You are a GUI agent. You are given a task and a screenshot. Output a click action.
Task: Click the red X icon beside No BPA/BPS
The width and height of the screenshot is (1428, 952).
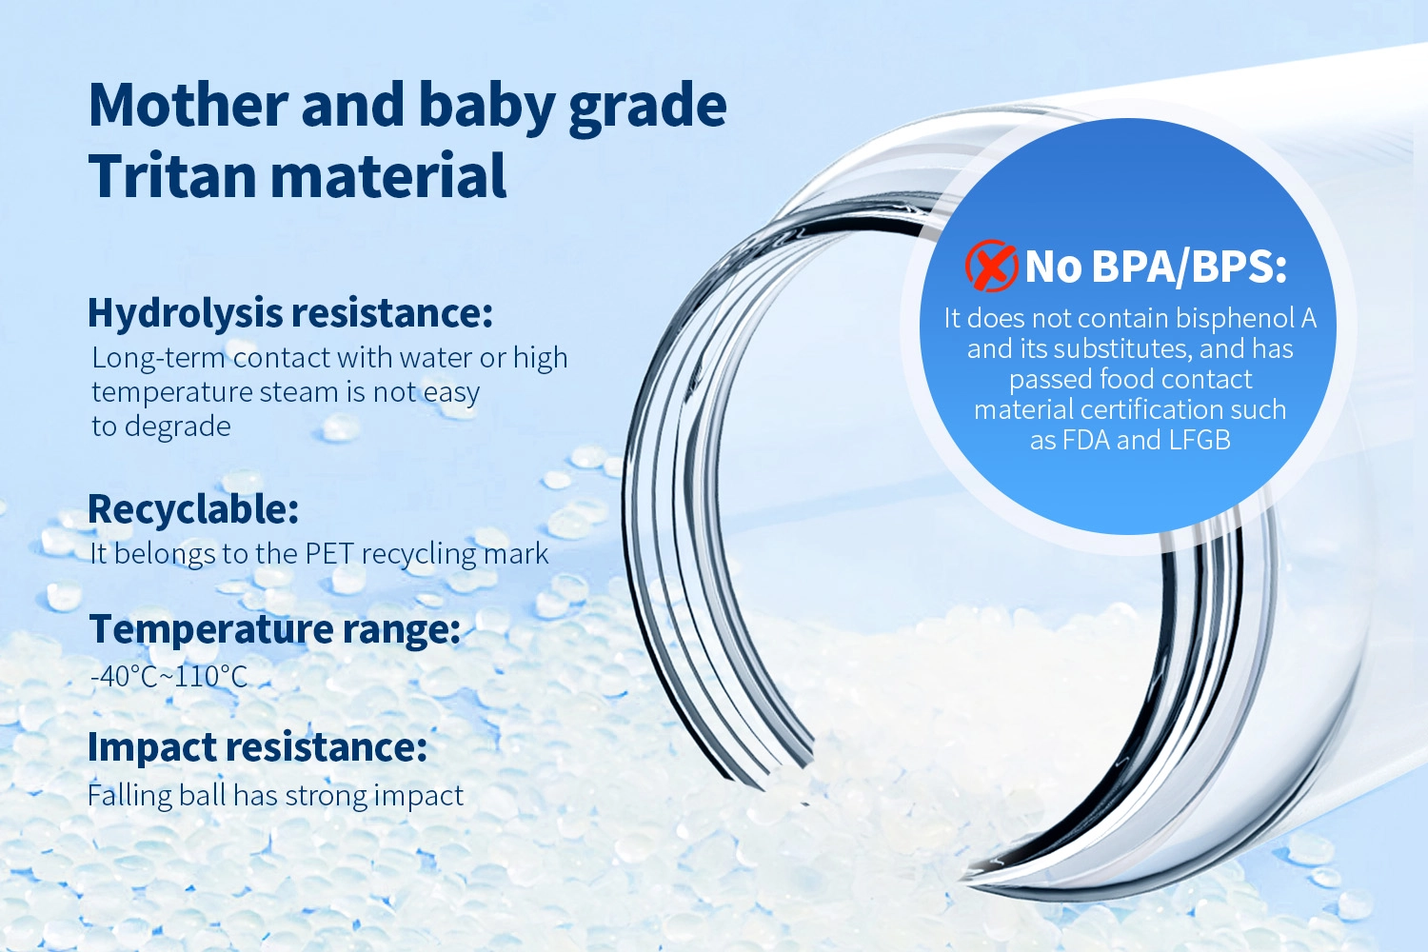(991, 266)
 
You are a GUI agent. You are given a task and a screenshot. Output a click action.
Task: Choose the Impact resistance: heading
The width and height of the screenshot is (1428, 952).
(257, 746)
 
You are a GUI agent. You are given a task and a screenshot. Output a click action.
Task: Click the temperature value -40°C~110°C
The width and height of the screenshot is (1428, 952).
(169, 677)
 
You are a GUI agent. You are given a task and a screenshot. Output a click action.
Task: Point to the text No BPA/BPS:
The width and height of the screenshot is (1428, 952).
(1156, 266)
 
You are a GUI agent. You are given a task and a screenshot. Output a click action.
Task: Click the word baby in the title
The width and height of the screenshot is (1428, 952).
(486, 106)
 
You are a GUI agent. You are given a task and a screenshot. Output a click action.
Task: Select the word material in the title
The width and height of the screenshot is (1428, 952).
(388, 175)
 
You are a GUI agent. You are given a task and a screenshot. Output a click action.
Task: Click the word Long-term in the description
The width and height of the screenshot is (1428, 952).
(158, 358)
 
